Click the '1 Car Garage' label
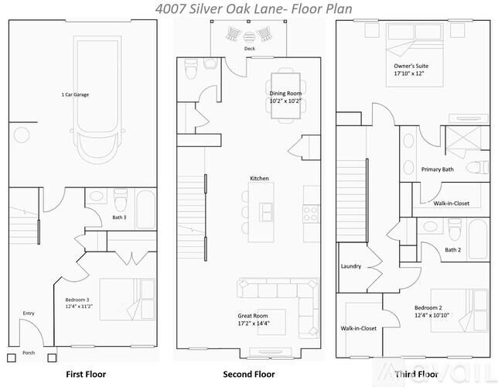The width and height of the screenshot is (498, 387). (76, 95)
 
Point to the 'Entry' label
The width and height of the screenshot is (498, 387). (29, 313)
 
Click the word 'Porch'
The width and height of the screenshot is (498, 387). (29, 352)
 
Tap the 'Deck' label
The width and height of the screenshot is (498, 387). (249, 48)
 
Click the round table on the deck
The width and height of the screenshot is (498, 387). (249, 35)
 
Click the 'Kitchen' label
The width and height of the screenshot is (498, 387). (259, 179)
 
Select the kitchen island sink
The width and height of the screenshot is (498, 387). (267, 210)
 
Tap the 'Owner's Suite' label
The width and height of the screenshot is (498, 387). (411, 67)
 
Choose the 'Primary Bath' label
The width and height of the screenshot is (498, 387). (437, 170)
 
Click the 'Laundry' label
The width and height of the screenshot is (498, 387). (351, 266)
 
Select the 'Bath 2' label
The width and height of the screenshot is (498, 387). (452, 250)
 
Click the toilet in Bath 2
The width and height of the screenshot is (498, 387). (455, 229)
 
